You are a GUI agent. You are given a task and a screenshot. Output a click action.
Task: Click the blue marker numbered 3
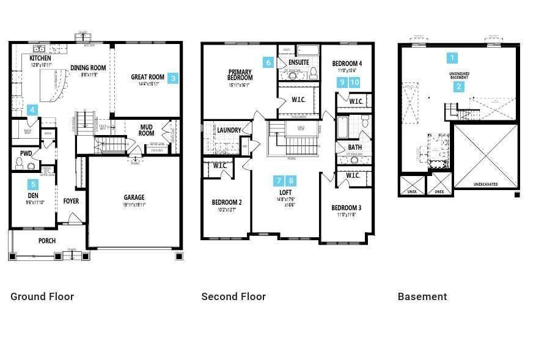click(x=173, y=78)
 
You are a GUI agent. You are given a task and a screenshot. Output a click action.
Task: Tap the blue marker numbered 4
click(x=32, y=110)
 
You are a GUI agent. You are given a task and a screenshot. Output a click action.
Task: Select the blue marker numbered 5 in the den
click(x=33, y=184)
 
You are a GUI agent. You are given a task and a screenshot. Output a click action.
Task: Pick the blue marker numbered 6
click(x=268, y=62)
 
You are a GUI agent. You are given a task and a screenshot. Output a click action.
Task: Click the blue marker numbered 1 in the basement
click(x=452, y=58)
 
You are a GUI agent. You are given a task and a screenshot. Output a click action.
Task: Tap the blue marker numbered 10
click(x=354, y=83)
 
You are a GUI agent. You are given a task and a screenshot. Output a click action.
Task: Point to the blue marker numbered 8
click(x=292, y=180)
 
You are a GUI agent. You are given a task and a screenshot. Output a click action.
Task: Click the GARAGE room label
click(x=134, y=197)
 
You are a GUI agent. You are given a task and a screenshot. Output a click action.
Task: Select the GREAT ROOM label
click(x=147, y=78)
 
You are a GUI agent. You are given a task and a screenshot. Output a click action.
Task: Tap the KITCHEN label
click(x=41, y=58)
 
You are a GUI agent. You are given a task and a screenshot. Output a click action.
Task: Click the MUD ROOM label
click(x=146, y=130)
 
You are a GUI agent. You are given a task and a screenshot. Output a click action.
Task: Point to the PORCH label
click(x=47, y=241)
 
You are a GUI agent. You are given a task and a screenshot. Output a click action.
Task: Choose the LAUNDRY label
click(x=229, y=130)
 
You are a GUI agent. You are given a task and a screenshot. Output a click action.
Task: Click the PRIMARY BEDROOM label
click(x=240, y=75)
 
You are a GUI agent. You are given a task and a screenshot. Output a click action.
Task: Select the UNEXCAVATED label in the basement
click(x=485, y=184)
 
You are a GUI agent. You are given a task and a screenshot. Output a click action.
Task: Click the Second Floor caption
click(x=233, y=296)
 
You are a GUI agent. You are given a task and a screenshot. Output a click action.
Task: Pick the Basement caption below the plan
click(x=422, y=296)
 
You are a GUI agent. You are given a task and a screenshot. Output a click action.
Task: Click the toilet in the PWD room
click(x=20, y=163)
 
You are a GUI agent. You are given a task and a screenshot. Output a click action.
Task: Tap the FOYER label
click(x=71, y=201)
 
